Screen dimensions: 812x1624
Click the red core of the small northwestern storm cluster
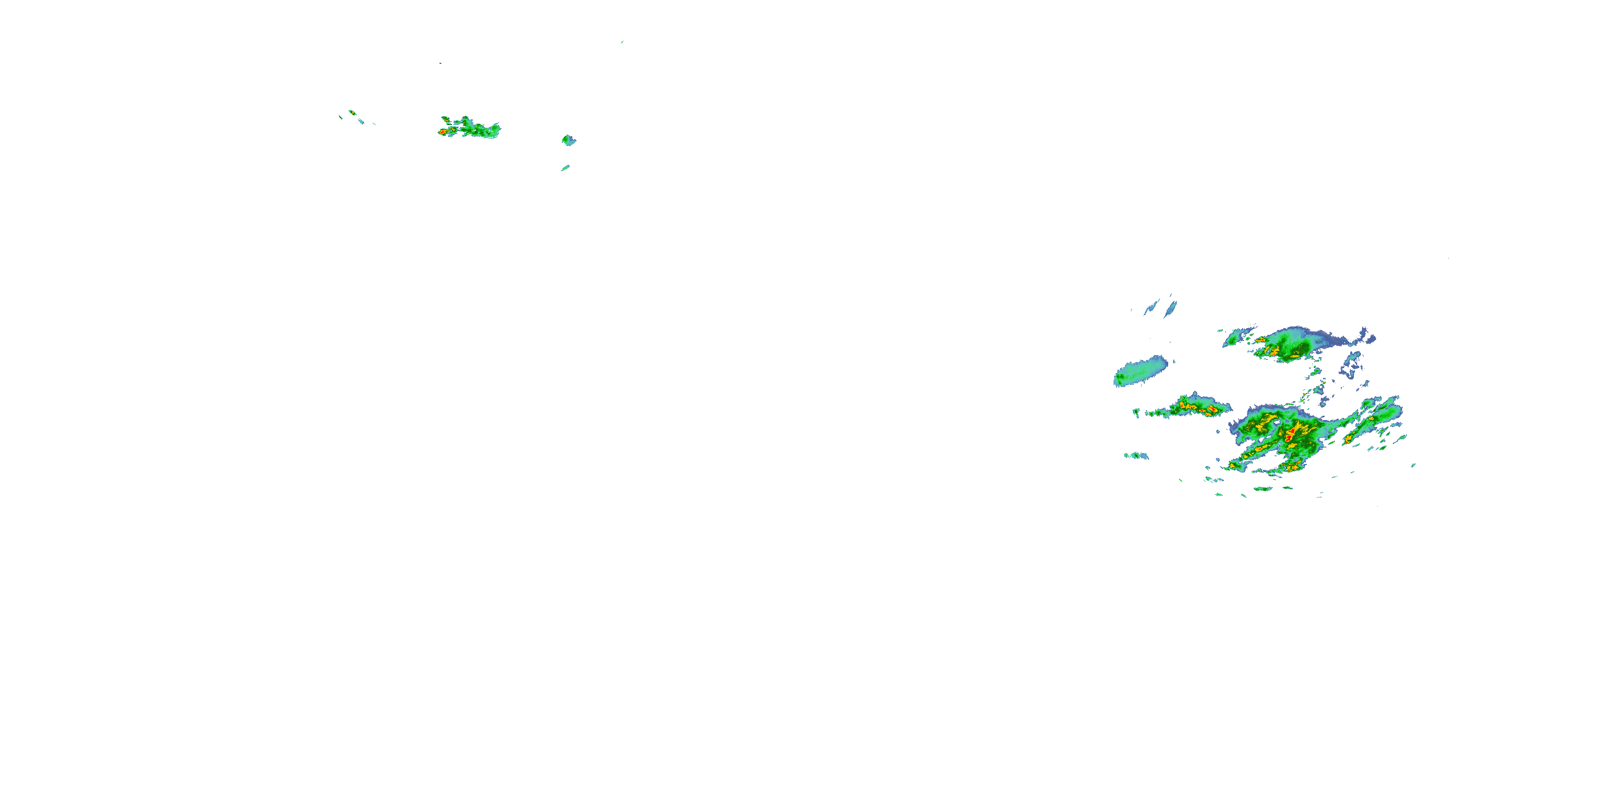[x=444, y=131]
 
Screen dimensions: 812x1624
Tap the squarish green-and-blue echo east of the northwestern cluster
[x=568, y=140]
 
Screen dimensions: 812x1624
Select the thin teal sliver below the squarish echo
[x=566, y=168]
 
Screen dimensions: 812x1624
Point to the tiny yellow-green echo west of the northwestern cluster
[x=352, y=113]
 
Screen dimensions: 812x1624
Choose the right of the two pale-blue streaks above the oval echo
[x=1171, y=307]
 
